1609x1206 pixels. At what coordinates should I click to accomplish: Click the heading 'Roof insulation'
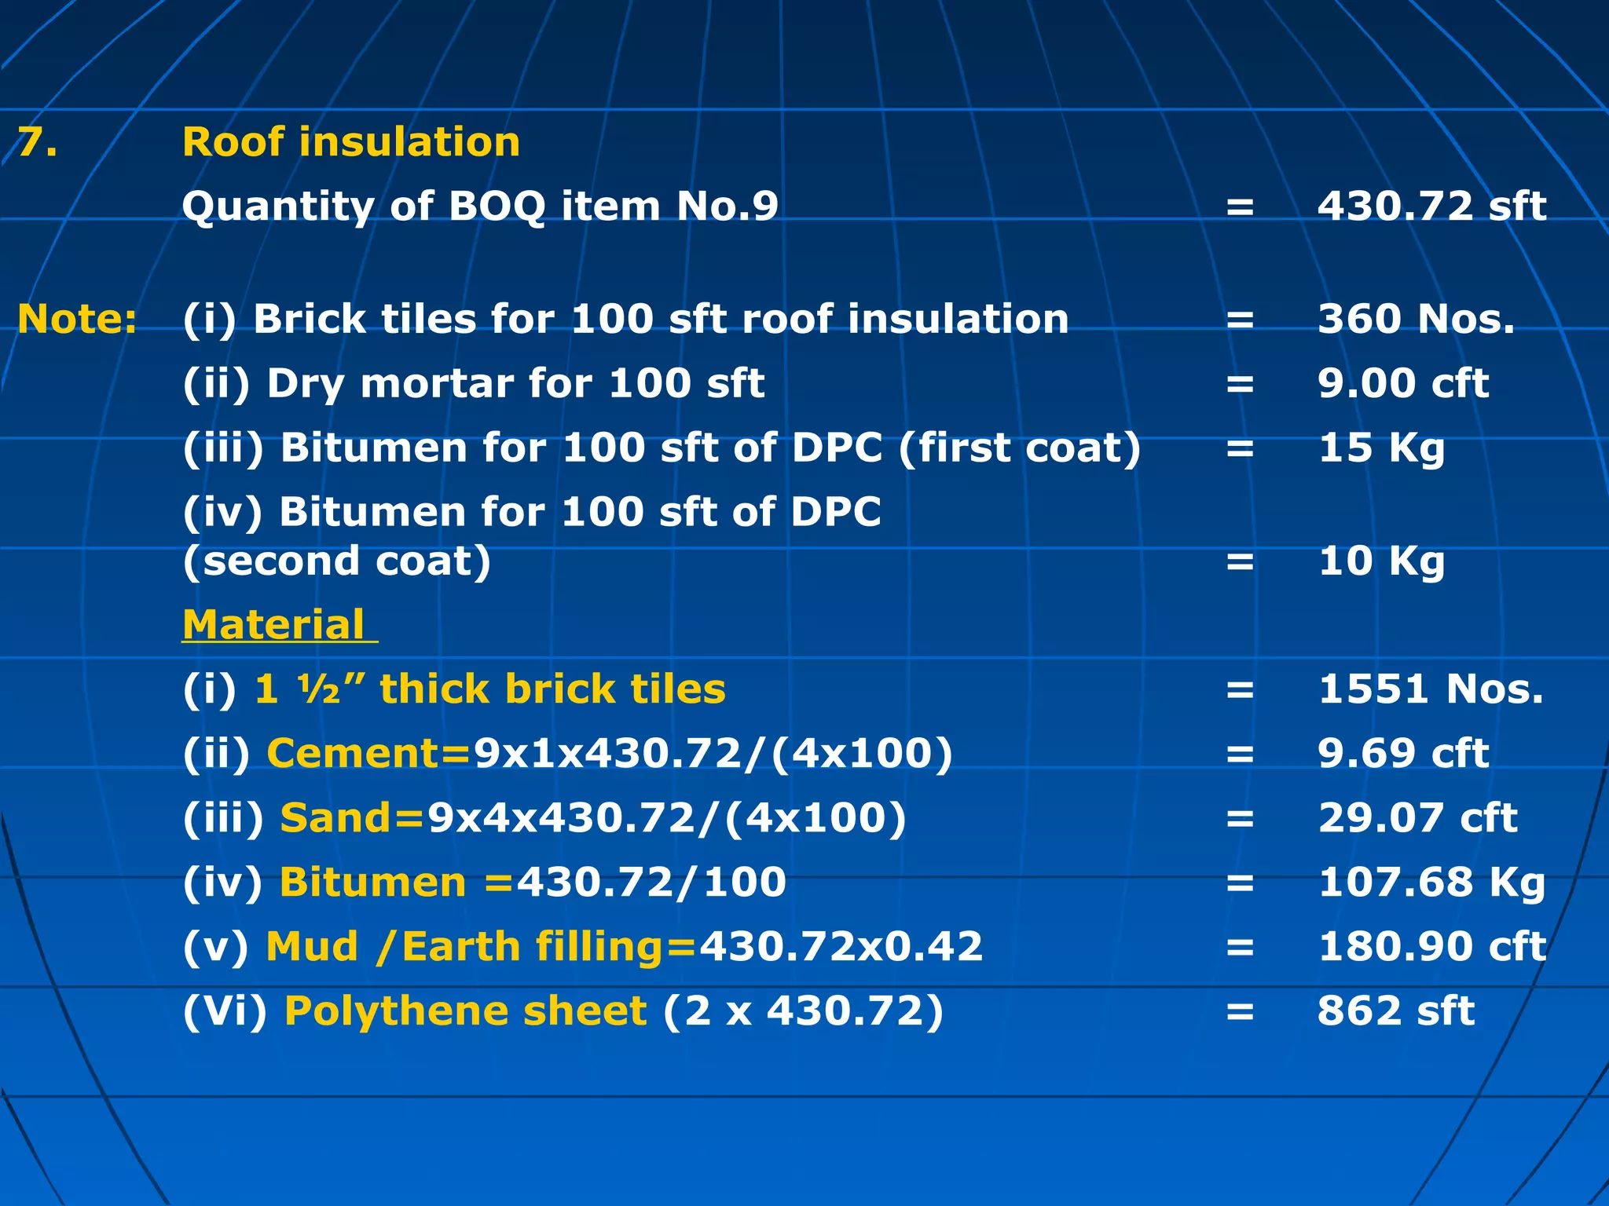point(351,142)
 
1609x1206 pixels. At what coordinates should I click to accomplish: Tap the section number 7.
point(37,142)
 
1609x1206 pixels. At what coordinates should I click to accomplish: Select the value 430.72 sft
point(1431,206)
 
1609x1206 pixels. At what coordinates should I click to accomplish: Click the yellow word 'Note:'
point(77,319)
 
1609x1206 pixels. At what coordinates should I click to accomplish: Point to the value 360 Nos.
point(1416,319)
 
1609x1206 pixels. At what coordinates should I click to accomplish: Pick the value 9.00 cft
point(1403,383)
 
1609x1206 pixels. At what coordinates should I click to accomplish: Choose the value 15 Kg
point(1381,448)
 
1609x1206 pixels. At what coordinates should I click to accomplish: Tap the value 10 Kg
point(1381,561)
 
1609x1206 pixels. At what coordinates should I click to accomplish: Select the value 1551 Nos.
point(1431,689)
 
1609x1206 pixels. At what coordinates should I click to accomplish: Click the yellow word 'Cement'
point(354,753)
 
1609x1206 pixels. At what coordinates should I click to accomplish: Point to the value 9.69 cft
point(1403,754)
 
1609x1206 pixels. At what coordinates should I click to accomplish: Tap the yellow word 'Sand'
point(336,817)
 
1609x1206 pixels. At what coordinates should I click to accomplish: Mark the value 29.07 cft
point(1417,818)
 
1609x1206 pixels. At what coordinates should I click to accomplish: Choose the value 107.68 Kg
point(1431,883)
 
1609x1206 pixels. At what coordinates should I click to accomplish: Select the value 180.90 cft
point(1431,947)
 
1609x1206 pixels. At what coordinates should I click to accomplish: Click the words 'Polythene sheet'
point(465,1010)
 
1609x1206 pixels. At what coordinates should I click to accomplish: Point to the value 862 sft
point(1396,1011)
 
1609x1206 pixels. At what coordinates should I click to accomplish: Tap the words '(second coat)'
point(337,561)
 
